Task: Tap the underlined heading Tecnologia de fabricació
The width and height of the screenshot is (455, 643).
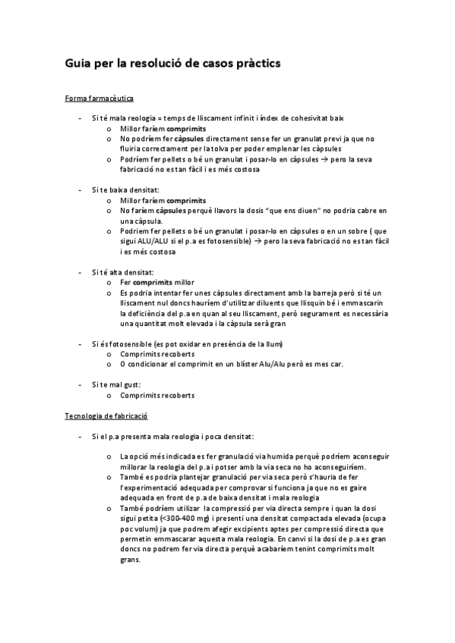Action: click(106, 416)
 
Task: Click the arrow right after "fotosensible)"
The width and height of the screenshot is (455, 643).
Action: click(258, 241)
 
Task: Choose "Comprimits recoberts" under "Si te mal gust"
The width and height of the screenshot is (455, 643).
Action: click(157, 395)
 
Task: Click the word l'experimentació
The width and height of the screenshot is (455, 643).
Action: click(157, 487)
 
